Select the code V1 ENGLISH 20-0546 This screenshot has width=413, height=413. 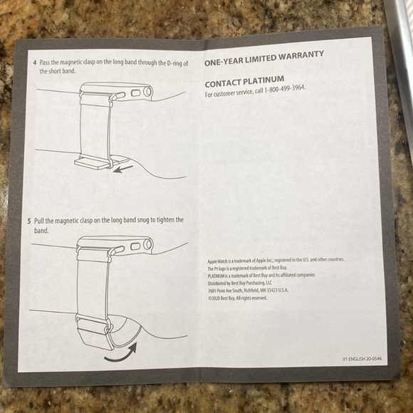pos(361,360)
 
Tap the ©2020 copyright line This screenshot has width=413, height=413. pos(237,298)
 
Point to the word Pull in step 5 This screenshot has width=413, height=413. pos(40,221)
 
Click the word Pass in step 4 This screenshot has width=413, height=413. pos(46,63)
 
